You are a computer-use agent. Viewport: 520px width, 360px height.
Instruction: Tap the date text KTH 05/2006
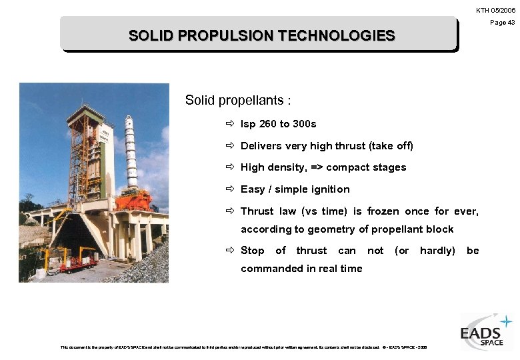(495, 10)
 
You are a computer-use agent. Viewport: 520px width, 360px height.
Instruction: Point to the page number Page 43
(502, 23)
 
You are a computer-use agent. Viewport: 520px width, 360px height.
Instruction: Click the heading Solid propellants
(237, 101)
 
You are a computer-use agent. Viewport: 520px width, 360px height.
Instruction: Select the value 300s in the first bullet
(305, 124)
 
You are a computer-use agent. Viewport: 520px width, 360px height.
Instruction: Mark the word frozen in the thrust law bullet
(383, 211)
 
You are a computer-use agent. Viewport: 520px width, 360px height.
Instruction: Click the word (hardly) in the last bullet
(437, 251)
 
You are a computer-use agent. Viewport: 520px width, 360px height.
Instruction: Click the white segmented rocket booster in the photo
(130, 150)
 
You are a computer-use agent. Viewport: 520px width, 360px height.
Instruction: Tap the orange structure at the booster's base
(133, 199)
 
